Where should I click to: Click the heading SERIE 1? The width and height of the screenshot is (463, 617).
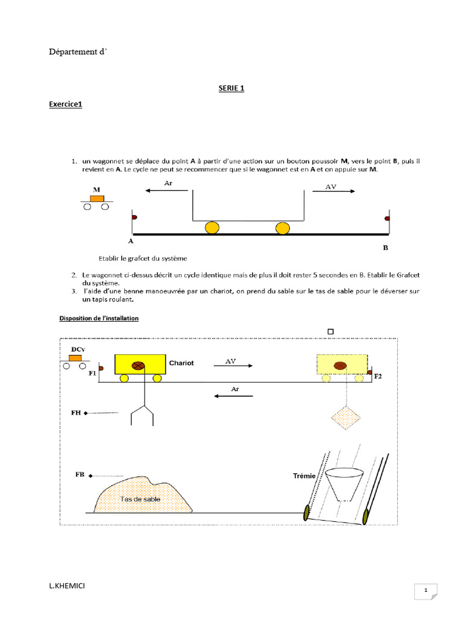231,89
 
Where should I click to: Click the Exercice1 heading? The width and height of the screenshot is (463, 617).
65,104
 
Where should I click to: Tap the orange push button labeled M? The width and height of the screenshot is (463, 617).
96,198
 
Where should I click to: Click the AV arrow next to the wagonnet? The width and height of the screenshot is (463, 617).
333,190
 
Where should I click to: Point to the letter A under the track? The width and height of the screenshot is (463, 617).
131,240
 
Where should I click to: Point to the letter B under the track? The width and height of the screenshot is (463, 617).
386,247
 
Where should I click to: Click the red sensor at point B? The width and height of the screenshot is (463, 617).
388,217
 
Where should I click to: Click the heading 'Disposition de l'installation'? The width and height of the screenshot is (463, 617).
99,318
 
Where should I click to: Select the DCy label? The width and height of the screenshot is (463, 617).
78,349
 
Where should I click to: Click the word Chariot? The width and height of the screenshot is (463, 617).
182,363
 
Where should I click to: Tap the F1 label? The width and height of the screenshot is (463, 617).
92,374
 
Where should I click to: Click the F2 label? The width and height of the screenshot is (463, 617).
378,376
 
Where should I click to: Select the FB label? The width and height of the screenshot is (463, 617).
79,475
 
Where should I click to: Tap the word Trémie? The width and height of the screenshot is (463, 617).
304,476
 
